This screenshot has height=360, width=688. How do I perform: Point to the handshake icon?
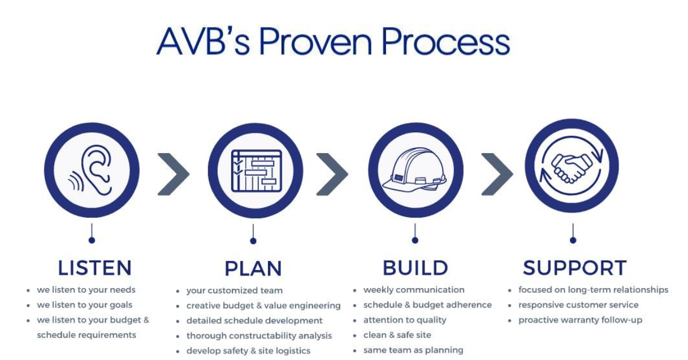(572, 166)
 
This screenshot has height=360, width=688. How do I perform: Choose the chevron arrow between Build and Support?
(496, 174)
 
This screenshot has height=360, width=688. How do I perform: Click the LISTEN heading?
(94, 267)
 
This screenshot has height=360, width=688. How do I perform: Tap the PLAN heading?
(253, 268)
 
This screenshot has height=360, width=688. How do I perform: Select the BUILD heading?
(416, 268)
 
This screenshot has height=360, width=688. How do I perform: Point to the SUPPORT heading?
(574, 268)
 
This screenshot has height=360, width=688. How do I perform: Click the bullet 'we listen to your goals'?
(84, 305)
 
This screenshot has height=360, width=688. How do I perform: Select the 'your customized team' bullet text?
(234, 290)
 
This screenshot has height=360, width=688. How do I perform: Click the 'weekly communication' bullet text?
(414, 290)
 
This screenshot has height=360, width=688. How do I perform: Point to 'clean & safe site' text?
(397, 335)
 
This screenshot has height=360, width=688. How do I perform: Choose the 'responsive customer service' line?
(578, 305)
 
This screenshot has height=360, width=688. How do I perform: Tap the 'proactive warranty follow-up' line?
(580, 320)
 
